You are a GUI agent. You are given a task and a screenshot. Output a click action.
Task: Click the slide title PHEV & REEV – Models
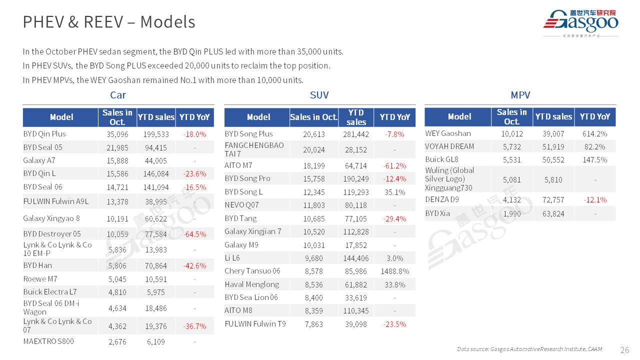[109, 22]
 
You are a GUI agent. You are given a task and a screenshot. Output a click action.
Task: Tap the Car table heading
[118, 95]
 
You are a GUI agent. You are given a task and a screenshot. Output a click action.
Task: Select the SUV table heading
[319, 95]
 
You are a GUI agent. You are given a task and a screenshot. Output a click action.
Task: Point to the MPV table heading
[520, 95]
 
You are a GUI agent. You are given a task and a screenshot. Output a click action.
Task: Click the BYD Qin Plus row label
[44, 134]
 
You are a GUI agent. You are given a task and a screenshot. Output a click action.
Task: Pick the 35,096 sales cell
[117, 134]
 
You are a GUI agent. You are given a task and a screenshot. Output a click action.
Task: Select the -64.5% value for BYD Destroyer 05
[194, 234]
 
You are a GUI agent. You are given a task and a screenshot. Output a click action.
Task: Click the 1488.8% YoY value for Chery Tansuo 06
[394, 271]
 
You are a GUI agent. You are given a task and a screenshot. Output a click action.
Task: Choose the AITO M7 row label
[238, 165]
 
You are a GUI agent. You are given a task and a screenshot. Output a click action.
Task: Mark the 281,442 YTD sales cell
[356, 134]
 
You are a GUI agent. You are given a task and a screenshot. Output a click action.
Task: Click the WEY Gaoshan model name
[448, 133]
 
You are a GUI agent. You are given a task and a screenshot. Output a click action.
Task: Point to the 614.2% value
[594, 133]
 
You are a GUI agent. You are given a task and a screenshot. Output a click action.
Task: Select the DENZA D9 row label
[441, 199]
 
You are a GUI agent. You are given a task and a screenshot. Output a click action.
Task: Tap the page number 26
[624, 349]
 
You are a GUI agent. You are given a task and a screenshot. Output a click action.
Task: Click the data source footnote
[529, 349]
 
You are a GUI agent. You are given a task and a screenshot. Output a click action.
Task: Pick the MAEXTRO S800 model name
[48, 341]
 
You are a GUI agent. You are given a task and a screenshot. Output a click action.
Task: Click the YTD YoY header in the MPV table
[594, 117]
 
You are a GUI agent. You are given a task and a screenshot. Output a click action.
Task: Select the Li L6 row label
[232, 258]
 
